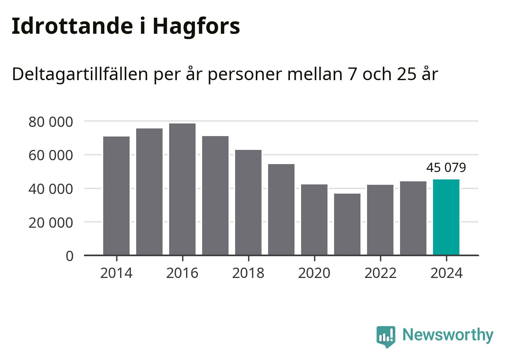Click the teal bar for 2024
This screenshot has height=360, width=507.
[446, 217]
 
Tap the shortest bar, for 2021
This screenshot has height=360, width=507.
[347, 224]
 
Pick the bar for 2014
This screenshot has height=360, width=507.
[116, 196]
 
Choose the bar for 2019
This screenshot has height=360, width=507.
[281, 209]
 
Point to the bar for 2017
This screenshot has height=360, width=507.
[215, 196]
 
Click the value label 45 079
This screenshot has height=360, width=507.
[446, 168]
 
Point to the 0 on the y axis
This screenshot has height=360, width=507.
[69, 256]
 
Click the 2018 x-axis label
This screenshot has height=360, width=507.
[248, 273]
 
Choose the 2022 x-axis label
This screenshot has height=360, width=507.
[380, 273]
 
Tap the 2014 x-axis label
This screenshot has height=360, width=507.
[116, 273]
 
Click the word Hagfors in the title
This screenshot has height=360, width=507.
[196, 26]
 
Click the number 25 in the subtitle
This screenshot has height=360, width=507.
[406, 74]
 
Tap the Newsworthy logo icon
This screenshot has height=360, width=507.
[385, 336]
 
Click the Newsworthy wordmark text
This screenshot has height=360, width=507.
[448, 335]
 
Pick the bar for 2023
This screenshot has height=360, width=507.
[413, 218]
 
